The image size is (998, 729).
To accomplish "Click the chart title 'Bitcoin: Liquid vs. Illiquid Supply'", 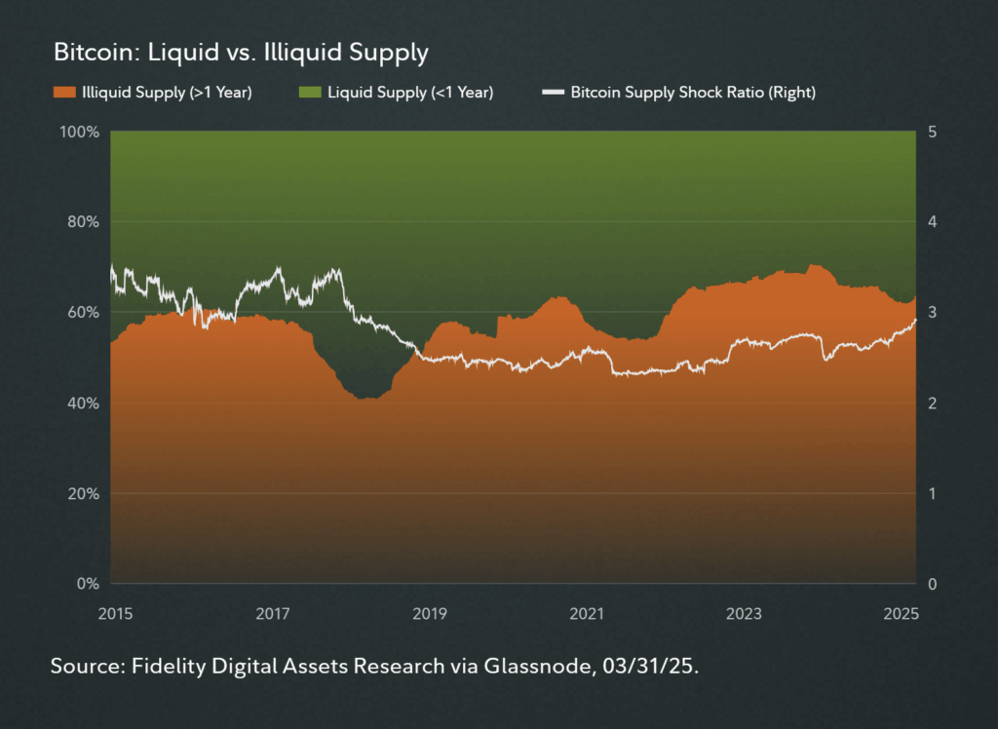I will coord(241,52).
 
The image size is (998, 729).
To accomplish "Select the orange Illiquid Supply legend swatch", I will coord(63,93).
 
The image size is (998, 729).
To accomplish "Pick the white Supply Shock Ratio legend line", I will coord(553,93).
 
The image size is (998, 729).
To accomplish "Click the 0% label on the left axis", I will coord(88,585).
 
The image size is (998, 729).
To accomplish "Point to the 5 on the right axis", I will coord(935,132).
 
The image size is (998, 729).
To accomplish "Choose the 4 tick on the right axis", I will coord(935,222).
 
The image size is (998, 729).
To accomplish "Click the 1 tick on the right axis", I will coord(934,494).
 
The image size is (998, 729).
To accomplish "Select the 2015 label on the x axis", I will coord(116,614).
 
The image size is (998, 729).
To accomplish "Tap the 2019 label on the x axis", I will coord(430,614).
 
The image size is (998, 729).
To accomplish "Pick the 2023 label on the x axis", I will coord(744,614).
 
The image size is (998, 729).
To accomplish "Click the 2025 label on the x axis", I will coord(901,614).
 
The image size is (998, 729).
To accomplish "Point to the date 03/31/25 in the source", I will coord(660,669).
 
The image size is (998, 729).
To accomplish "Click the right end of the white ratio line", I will coord(915,320).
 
